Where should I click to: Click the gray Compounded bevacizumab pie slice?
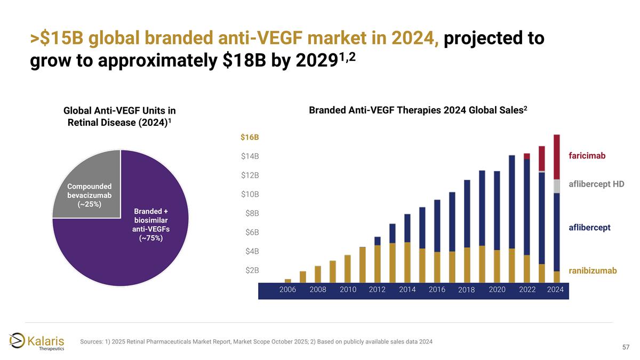click(x=85, y=187)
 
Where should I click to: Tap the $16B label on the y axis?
click(x=250, y=138)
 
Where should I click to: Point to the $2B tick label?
click(x=250, y=270)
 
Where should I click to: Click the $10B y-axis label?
click(x=250, y=194)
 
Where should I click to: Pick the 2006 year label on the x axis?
click(x=288, y=289)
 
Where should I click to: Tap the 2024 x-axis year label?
click(x=555, y=289)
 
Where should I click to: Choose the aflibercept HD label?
click(x=596, y=183)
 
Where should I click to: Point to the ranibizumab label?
click(x=593, y=271)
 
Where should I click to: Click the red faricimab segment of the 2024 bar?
click(x=557, y=157)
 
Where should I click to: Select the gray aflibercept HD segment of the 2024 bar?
click(x=557, y=186)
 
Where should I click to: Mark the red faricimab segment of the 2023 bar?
click(x=542, y=158)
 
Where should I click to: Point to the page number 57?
click(x=627, y=348)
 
